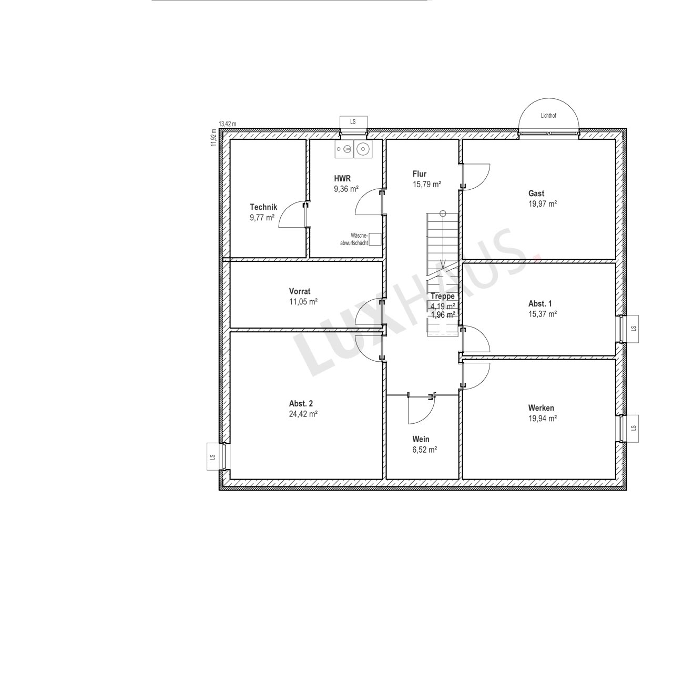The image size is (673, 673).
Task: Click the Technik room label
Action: (263, 207)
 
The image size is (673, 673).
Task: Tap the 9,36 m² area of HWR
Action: (346, 189)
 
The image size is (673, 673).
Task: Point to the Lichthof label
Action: (548, 116)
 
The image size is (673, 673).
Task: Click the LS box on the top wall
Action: (353, 122)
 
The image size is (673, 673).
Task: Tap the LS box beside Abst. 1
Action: (631, 329)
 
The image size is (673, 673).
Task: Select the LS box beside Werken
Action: (631, 429)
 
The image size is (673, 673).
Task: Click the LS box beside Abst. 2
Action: (214, 457)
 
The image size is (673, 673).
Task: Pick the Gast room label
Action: (536, 193)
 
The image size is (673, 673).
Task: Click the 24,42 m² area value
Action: (303, 414)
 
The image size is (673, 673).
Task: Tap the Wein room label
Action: (421, 440)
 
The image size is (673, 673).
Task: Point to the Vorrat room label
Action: (300, 291)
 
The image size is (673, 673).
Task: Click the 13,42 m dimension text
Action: (227, 124)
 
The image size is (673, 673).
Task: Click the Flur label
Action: (420, 174)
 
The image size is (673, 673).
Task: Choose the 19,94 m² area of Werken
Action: (543, 419)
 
